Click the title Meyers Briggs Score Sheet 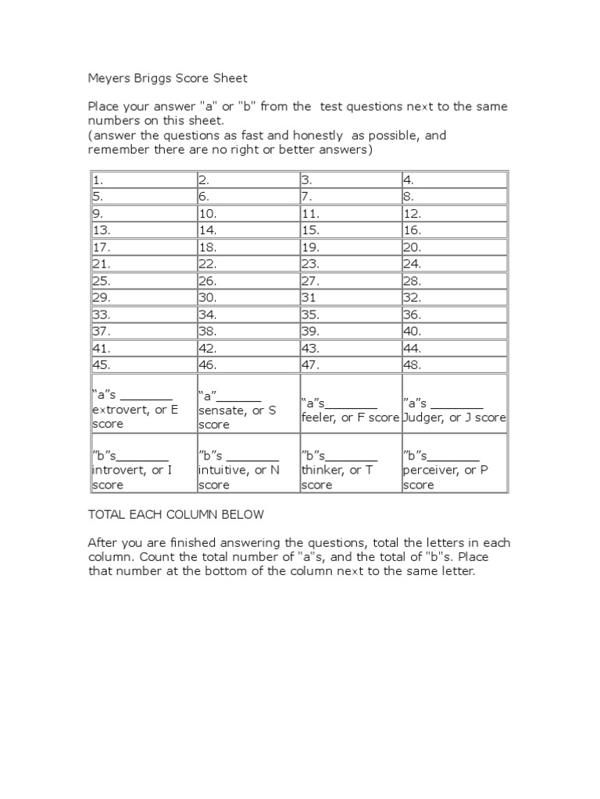click(x=167, y=78)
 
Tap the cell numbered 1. click(x=143, y=179)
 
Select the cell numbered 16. click(x=454, y=230)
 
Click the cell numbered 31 click(x=350, y=297)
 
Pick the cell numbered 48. click(x=454, y=364)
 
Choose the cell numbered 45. click(x=143, y=364)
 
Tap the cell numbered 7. click(x=350, y=197)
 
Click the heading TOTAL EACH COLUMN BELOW click(x=176, y=514)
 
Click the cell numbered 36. click(x=454, y=314)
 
